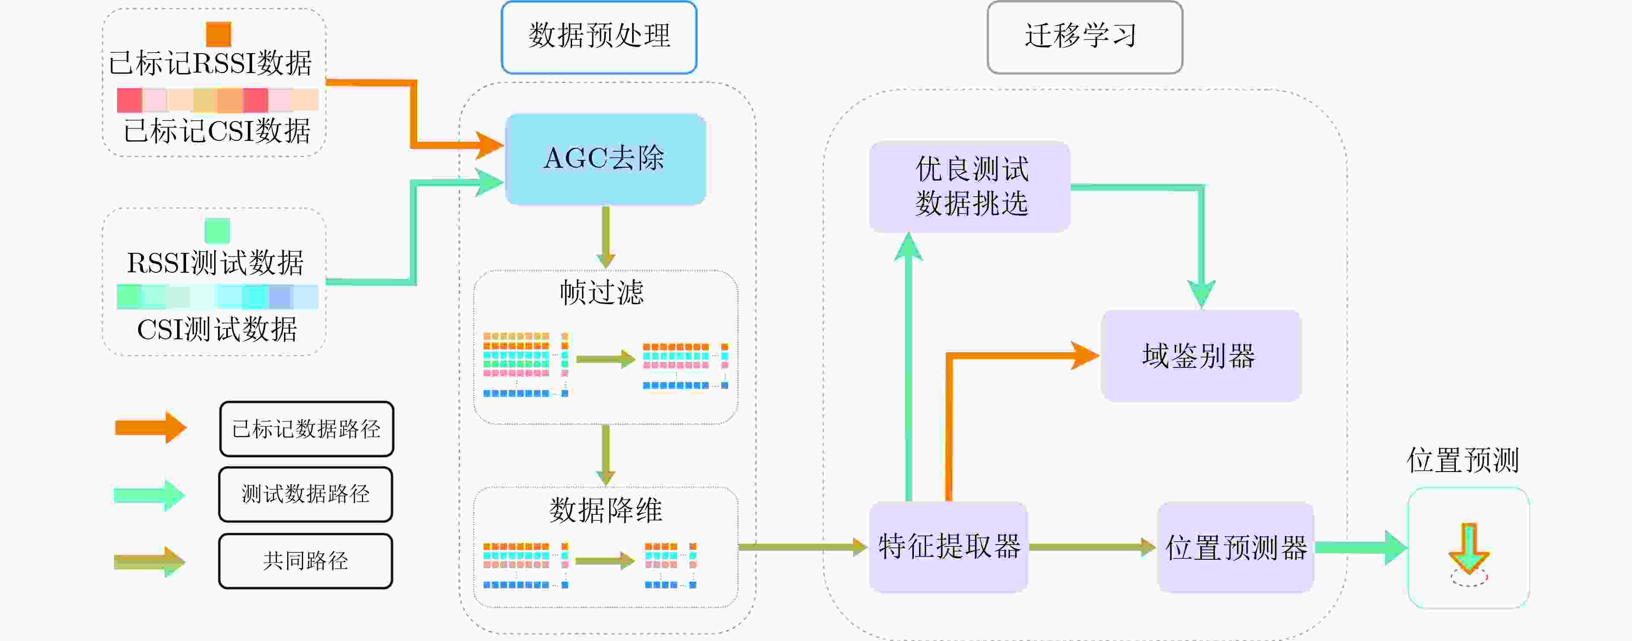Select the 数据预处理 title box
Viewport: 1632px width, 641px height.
[x=599, y=37]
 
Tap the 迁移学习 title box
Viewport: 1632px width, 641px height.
[x=1085, y=37]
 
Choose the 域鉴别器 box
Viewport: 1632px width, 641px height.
[x=1201, y=356]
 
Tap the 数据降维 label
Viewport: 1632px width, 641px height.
[x=606, y=510]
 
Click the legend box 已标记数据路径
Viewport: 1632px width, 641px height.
[x=307, y=429]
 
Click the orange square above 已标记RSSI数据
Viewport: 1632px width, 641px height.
[x=218, y=34]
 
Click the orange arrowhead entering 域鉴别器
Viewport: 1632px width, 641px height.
[x=1085, y=356]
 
